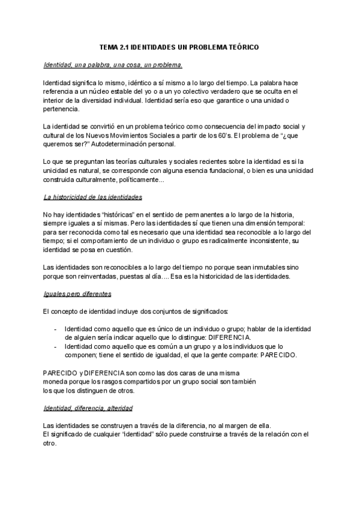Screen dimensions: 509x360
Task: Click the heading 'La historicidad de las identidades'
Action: pyautogui.click(x=93, y=197)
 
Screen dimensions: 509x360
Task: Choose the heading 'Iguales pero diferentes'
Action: pyautogui.click(x=77, y=294)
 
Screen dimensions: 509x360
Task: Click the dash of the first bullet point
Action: pyautogui.click(x=56, y=329)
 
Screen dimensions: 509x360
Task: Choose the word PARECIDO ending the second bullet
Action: pyautogui.click(x=277, y=355)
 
